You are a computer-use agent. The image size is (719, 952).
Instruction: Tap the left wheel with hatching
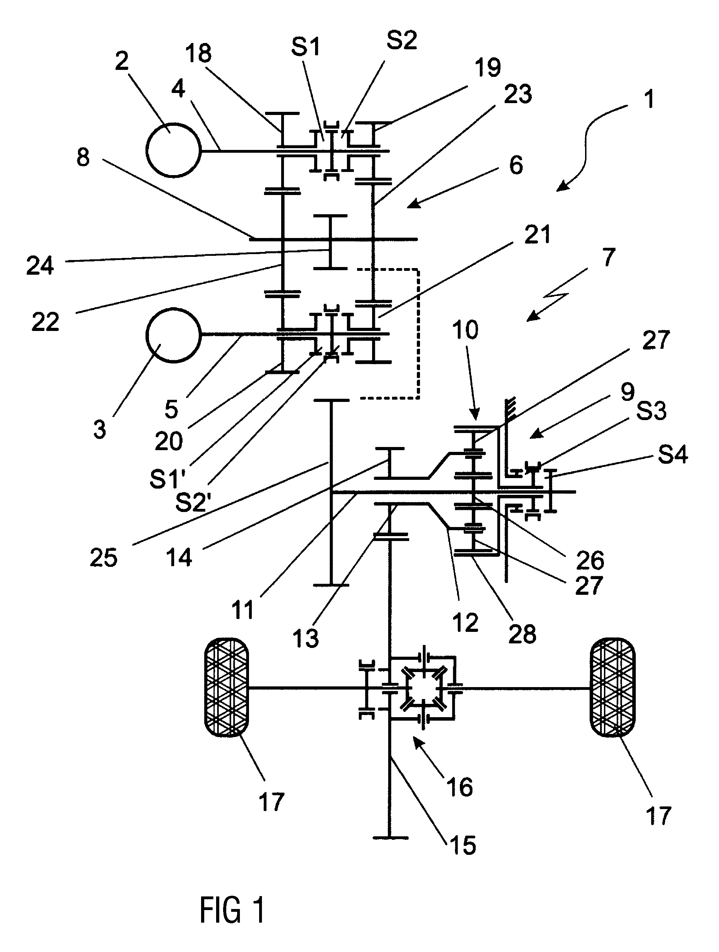point(226,688)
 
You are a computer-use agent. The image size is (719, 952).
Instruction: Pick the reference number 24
point(40,265)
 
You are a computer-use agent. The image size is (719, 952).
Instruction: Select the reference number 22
point(45,322)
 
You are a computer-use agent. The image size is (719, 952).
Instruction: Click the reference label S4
point(673,454)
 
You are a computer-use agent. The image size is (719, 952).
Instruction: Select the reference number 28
point(522,634)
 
